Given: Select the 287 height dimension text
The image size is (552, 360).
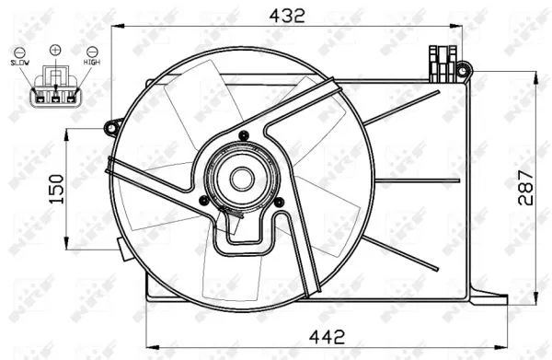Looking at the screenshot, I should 523,189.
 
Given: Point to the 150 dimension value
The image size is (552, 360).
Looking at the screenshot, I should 55,188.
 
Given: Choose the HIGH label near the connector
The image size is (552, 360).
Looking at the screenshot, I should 92,61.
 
